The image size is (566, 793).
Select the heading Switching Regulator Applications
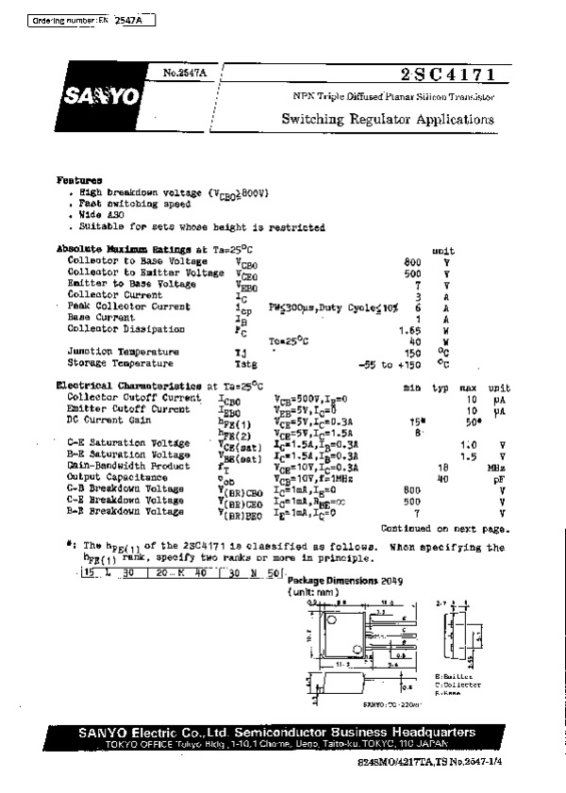(x=387, y=121)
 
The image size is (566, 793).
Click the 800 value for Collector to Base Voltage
(x=411, y=261)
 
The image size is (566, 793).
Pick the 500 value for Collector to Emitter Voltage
(x=411, y=273)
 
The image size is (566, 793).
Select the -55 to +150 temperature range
(x=391, y=363)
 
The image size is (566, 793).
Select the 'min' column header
(x=411, y=387)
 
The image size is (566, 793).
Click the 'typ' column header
(x=440, y=387)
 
